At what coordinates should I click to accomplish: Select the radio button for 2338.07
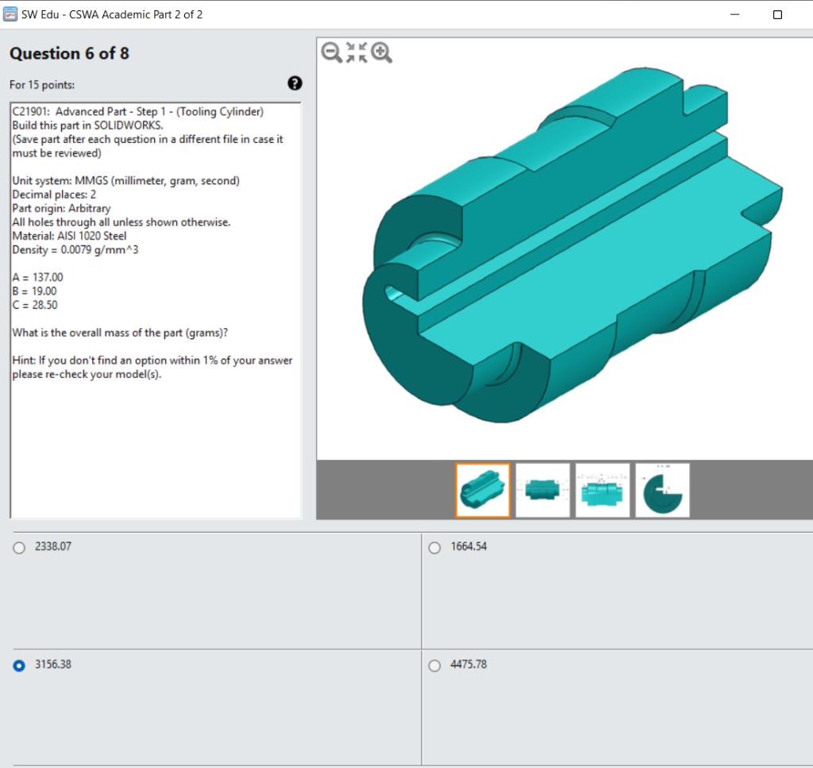[19, 548]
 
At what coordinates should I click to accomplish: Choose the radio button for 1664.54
[434, 548]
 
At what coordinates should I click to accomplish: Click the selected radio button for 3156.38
[19, 666]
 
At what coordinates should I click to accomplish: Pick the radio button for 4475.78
[434, 666]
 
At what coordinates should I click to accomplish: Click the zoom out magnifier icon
[331, 52]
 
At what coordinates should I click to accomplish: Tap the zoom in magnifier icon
[382, 52]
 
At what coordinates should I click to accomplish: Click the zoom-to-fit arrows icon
[356, 52]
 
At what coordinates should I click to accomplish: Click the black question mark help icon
[295, 83]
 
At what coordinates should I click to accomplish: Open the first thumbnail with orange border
[484, 490]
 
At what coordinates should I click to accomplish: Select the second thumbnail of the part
[543, 490]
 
